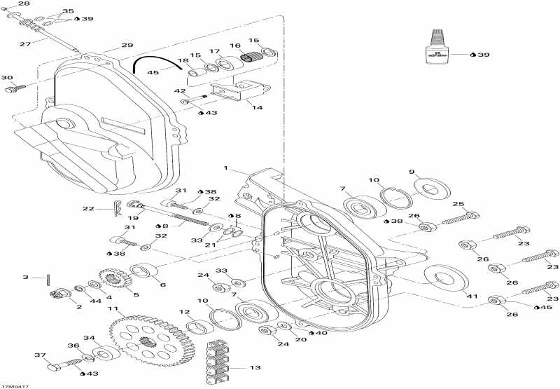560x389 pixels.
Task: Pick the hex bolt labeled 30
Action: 13,89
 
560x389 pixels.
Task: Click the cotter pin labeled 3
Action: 47,278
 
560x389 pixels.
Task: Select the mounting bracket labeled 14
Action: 242,92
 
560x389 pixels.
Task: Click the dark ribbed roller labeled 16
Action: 251,57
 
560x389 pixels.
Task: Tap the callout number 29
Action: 127,45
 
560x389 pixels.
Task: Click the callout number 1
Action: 226,168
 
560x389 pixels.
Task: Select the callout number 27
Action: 24,43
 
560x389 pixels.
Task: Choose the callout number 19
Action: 132,219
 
